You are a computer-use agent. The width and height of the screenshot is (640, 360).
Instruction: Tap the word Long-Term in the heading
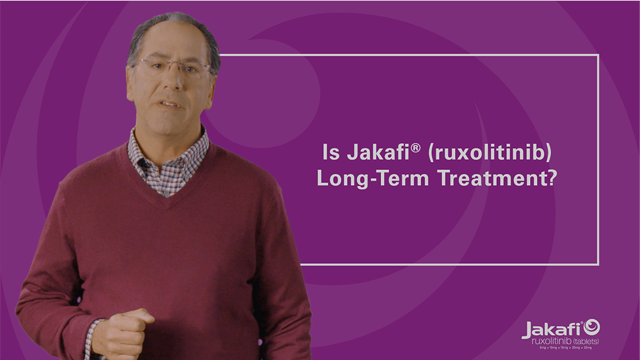click(373, 178)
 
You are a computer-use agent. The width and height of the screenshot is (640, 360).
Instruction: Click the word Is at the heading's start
click(328, 152)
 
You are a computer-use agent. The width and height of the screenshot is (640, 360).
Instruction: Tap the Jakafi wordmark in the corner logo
click(551, 329)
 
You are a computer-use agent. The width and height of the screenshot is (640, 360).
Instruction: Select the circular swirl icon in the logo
click(591, 327)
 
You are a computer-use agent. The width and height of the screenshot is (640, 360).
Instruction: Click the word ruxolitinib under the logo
click(551, 341)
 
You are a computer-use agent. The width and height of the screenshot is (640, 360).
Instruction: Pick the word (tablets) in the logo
click(586, 341)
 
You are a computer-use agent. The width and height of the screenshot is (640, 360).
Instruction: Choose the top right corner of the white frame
click(598, 55)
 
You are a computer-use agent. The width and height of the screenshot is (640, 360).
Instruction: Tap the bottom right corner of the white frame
click(598, 264)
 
